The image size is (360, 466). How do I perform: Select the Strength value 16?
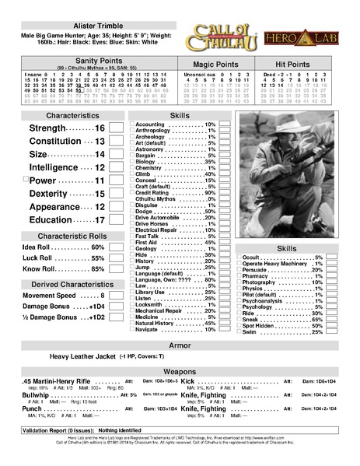100,128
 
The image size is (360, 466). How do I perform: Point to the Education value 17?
100,220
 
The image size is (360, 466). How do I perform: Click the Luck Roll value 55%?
98,258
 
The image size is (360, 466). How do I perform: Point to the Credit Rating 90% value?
209,193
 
